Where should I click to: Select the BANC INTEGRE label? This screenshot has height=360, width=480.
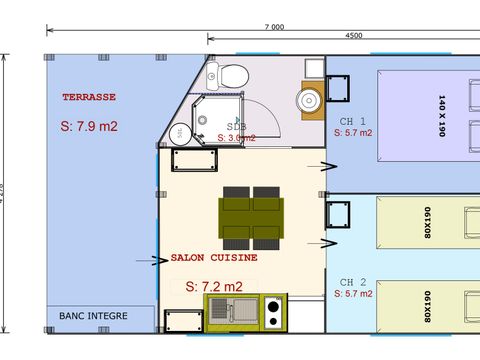(91, 316)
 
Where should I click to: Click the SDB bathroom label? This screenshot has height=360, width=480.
(236, 127)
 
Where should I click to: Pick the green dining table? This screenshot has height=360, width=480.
(251, 214)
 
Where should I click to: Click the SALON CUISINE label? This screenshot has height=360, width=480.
(214, 257)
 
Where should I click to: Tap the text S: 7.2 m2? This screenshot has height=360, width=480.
(213, 286)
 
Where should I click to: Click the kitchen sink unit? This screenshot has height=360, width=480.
(231, 312)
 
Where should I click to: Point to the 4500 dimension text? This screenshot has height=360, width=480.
(352, 37)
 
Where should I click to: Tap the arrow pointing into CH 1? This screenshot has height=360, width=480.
(328, 166)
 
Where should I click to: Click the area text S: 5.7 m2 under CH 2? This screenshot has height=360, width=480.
(353, 295)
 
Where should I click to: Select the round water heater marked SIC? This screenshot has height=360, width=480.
(179, 131)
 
